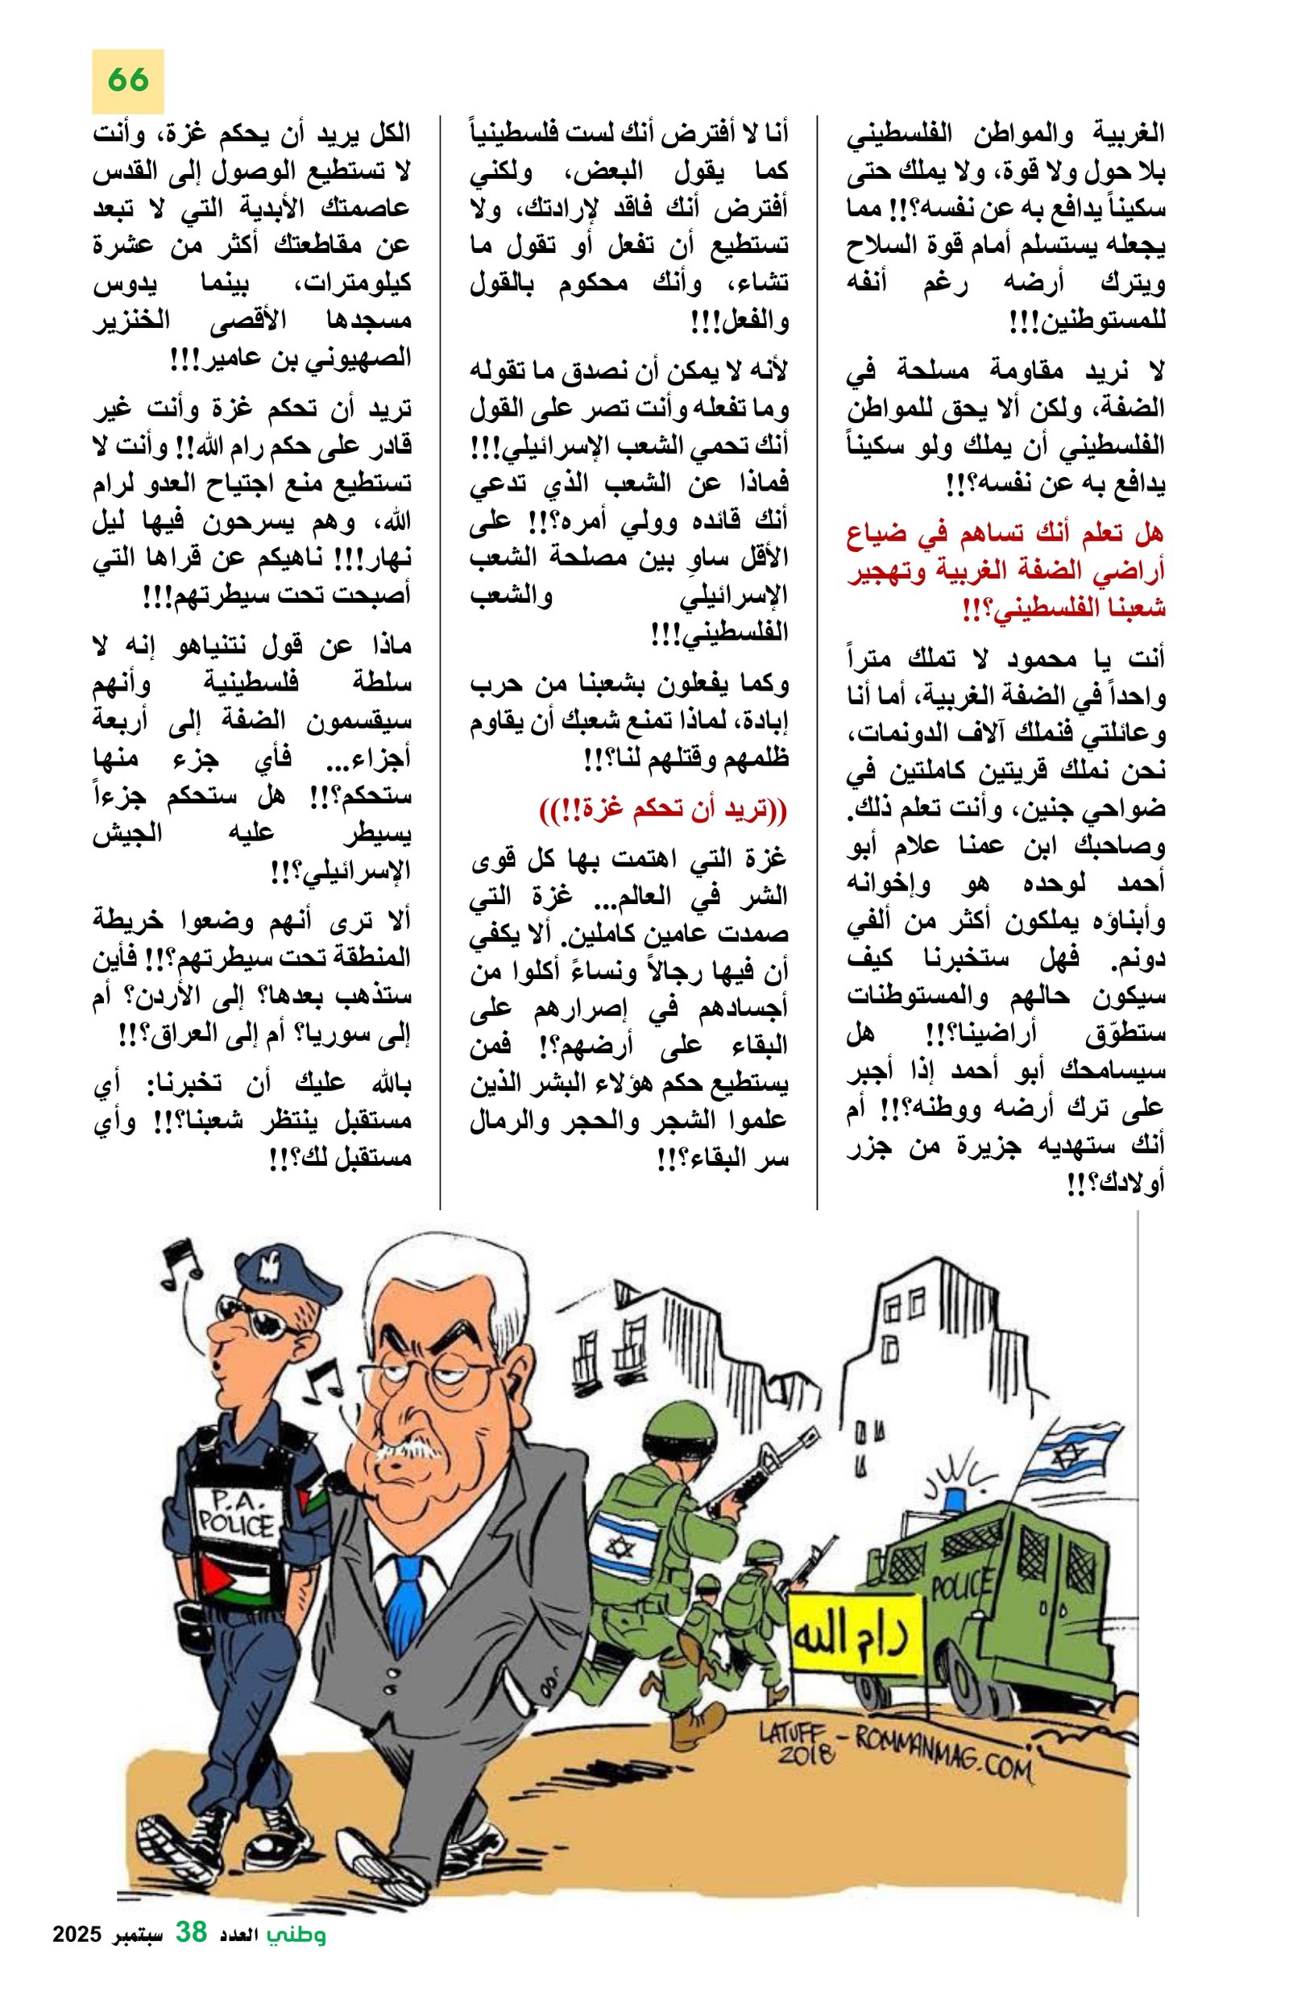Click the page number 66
point(128,81)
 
